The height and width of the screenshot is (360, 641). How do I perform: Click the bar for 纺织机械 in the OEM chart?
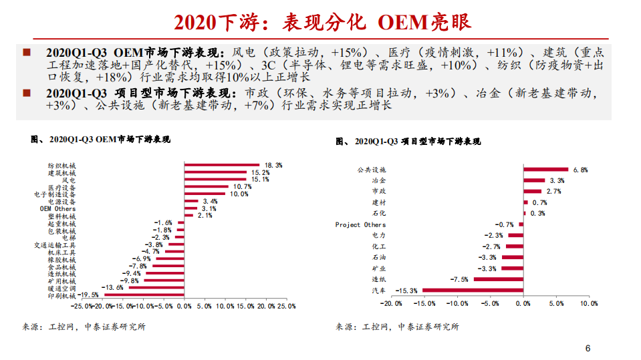pyautogui.click(x=221, y=165)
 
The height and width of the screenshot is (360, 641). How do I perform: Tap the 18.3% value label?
pyautogui.click(x=273, y=165)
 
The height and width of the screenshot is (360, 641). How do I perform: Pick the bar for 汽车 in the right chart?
pyautogui.click(x=473, y=290)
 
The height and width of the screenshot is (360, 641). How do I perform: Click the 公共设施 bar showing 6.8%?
pyautogui.click(x=545, y=170)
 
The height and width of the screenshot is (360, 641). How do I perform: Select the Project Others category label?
pyautogui.click(x=360, y=225)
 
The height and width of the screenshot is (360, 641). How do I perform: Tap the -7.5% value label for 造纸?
pyautogui.click(x=459, y=279)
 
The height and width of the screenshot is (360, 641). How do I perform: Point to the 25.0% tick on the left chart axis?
pyautogui.click(x=286, y=306)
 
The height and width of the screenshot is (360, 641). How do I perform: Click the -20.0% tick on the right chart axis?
pyautogui.click(x=391, y=303)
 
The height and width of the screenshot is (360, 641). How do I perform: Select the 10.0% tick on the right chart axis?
pyautogui.click(x=588, y=303)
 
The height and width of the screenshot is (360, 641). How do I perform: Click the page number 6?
pyautogui.click(x=588, y=348)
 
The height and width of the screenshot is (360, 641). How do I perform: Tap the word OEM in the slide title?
pyautogui.click(x=402, y=23)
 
